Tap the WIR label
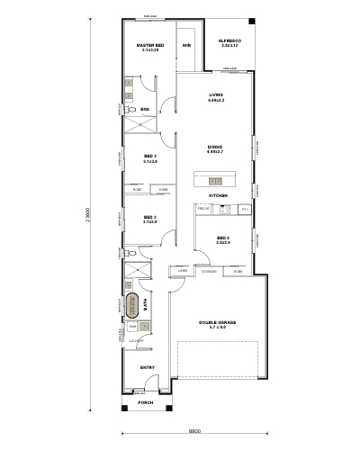coord(186,45)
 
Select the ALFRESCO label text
coord(229,42)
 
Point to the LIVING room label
coord(215,96)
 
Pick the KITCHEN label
coord(218,195)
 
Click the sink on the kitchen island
coord(214,181)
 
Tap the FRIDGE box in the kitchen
coord(202,210)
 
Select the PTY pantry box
coord(244,210)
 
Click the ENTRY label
coord(148,368)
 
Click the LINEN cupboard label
coord(183,270)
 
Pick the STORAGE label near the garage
coord(209,270)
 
